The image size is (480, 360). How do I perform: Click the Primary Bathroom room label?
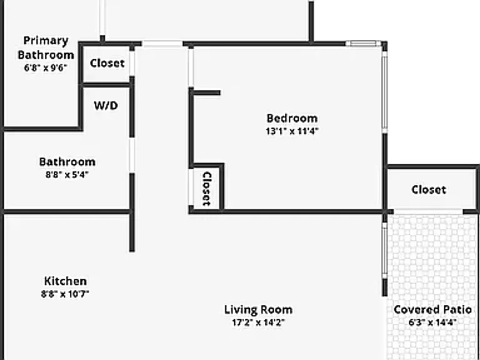point(46,47)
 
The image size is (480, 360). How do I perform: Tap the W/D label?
point(106,106)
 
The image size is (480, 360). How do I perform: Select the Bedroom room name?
point(292,118)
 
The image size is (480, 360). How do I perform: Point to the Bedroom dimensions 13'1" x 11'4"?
point(292,131)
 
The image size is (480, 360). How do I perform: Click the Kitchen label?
point(66,281)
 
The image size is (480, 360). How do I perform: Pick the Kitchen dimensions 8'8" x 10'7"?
point(65,294)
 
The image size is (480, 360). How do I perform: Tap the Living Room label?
point(258,310)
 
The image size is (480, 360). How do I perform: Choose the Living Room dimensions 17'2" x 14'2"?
point(258,322)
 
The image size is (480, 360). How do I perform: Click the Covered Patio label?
point(432,310)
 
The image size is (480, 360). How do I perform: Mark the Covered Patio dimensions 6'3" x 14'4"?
point(432,322)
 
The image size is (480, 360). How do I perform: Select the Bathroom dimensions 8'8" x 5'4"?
point(67,175)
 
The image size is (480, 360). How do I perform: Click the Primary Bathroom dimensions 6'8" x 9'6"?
point(45,68)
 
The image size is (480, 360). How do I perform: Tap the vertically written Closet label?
point(207,189)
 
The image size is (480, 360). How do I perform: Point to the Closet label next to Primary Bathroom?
point(107,63)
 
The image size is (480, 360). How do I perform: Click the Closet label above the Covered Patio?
point(429,190)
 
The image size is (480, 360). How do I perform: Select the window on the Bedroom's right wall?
point(385,92)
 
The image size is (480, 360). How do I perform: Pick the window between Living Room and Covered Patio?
point(385,251)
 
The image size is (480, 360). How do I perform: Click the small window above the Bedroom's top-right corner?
point(363,44)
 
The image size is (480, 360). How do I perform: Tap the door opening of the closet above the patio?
point(428,211)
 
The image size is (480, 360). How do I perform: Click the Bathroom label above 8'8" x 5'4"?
point(67,162)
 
